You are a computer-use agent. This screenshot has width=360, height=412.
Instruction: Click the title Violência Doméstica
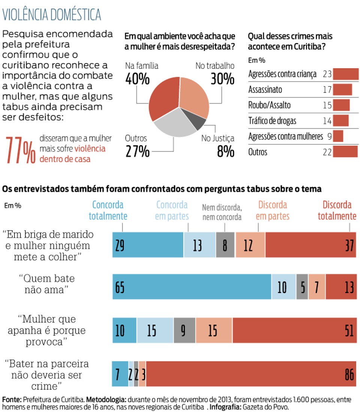pyautogui.click(x=52, y=15)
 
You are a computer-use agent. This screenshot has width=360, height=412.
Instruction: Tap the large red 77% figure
pyautogui.click(x=21, y=150)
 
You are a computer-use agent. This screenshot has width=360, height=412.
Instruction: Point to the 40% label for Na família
pyautogui.click(x=137, y=79)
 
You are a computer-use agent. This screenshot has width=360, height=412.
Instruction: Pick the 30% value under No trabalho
pyautogui.click(x=222, y=79)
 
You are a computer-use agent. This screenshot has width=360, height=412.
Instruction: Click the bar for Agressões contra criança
pyautogui.click(x=345, y=74)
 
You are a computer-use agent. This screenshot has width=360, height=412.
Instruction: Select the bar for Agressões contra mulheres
pyautogui.click(x=338, y=136)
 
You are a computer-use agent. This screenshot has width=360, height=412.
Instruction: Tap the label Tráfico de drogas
pyautogui.click(x=272, y=121)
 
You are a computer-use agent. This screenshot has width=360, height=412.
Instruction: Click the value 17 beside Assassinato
pyautogui.click(x=327, y=90)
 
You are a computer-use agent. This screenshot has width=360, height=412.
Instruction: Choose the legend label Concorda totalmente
pyautogui.click(x=108, y=210)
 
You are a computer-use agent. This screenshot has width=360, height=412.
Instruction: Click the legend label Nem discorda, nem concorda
pyautogui.click(x=222, y=212)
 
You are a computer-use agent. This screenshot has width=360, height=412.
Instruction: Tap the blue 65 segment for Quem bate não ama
pyautogui.click(x=192, y=287)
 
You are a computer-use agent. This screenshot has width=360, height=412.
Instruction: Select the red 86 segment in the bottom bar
pyautogui.click(x=251, y=374)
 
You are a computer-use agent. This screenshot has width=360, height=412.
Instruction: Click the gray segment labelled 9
pyautogui.click(x=184, y=330)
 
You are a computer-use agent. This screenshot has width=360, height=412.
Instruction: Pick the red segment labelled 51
pyautogui.click(x=294, y=330)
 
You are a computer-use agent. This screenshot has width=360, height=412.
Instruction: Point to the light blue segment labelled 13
pyautogui.click(x=199, y=245)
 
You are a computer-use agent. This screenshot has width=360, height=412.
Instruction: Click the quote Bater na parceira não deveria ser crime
pyautogui.click(x=47, y=375)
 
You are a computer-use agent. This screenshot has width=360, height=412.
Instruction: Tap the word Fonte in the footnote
pyautogui.click(x=12, y=400)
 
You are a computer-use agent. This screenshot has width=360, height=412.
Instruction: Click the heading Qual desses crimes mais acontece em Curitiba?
pyautogui.click(x=290, y=41)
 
